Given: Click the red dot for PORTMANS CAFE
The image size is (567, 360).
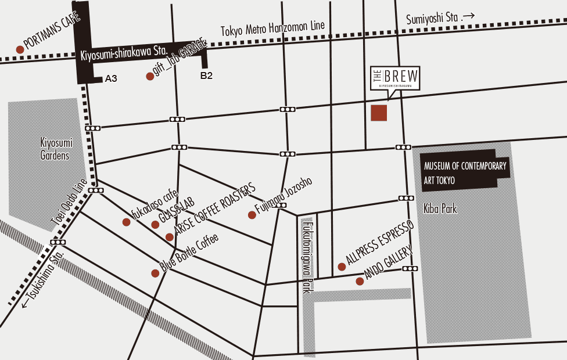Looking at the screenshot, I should point(20,49).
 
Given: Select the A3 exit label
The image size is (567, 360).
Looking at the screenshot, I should point(111,78).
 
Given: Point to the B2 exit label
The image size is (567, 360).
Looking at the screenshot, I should point(206,75).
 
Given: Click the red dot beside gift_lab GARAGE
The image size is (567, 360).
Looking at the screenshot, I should point(150,77).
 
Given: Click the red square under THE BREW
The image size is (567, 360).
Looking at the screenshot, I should point(379,113).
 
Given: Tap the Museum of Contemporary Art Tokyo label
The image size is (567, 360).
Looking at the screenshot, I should point(465,173).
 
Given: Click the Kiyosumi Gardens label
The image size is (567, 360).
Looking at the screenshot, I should point(55,149).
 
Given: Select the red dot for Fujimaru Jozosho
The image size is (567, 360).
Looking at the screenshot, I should point(252,215).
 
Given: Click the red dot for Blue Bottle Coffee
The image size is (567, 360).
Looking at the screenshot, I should point(155,273).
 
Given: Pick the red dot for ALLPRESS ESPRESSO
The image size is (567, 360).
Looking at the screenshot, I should point(342,267).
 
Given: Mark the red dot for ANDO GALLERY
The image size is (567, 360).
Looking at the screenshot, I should point(360,282).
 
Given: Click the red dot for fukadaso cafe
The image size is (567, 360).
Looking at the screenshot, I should point(126,222).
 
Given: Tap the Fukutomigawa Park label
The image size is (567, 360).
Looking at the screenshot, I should point(307,255).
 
